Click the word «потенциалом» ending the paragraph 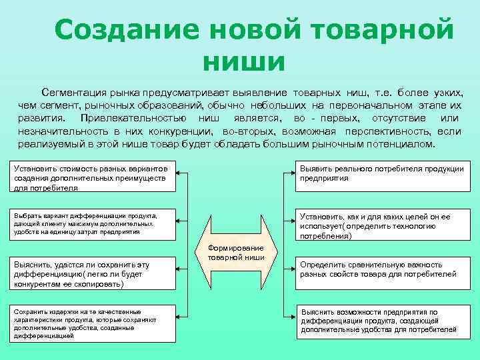point(402,143)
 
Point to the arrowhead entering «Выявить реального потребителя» point(293,175)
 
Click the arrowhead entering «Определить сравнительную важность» point(293,269)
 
